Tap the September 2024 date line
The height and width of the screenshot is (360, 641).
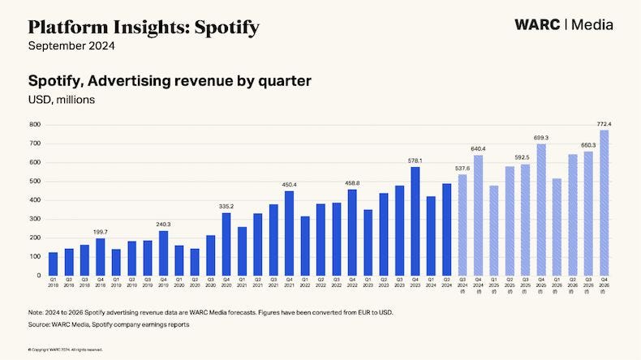71,46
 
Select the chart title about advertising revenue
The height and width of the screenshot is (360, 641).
170,81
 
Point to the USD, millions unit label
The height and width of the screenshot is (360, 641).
62,100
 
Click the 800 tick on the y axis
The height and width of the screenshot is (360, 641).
35,125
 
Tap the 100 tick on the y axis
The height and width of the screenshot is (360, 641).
35,257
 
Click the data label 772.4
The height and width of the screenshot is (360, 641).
604,123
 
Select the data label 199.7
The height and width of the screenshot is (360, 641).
100,232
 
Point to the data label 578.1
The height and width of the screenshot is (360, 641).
415,161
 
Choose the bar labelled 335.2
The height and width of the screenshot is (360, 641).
226,244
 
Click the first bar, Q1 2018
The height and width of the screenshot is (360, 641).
53,264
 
